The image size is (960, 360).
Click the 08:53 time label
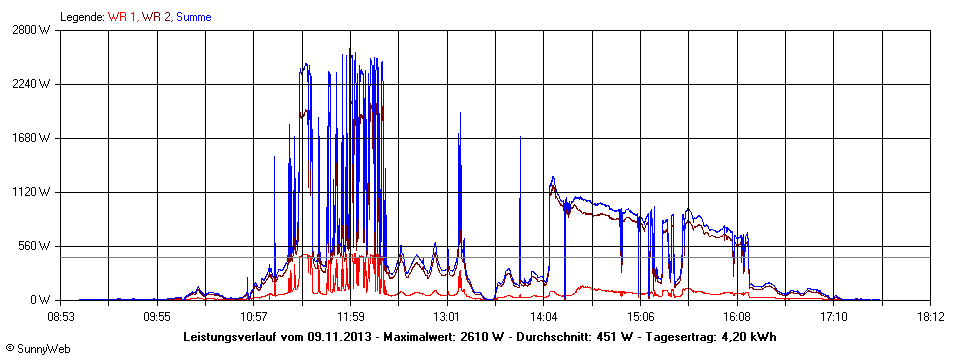[x=61, y=317]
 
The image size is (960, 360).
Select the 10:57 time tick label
[x=254, y=317]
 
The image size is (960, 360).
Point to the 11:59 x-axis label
[x=351, y=317]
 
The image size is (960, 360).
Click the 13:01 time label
[x=447, y=317]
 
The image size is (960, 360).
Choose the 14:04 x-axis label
[x=544, y=317]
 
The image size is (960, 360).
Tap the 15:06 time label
[x=641, y=317]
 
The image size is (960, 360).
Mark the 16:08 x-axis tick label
[x=737, y=317]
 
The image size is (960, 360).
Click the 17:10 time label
[x=834, y=317]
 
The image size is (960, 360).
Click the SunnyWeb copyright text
[x=36, y=349]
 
